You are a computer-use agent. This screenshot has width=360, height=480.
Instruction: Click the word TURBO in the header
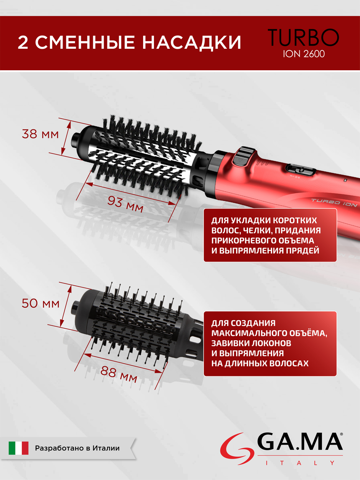(303, 37)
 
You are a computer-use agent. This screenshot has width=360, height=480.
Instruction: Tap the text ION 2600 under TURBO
(304, 54)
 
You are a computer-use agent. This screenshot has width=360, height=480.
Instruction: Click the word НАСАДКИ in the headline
(192, 42)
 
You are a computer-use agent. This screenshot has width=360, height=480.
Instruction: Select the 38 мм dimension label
(40, 134)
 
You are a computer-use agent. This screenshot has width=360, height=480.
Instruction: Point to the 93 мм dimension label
(125, 204)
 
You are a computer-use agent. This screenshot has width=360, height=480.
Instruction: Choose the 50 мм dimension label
(40, 303)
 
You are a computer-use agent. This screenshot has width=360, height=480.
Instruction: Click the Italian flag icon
(18, 448)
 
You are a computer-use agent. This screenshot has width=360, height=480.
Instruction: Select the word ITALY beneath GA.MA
(299, 463)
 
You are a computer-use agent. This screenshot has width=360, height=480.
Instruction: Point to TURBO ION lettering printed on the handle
(334, 202)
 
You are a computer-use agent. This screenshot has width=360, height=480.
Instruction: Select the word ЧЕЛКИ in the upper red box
(256, 230)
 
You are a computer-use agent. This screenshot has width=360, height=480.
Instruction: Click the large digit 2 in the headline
(23, 42)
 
